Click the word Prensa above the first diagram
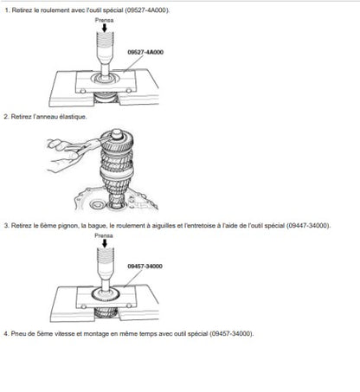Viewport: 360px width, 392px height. tap(104, 20)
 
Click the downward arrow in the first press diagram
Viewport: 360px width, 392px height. tap(105, 28)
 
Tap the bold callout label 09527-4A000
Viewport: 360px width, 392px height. tap(145, 52)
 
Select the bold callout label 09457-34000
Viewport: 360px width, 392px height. tap(145, 267)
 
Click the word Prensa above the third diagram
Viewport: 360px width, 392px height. tap(104, 235)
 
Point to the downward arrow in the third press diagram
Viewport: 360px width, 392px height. tap(105, 243)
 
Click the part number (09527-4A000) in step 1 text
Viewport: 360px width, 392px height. tap(147, 10)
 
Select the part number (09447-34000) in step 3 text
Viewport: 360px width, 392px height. tap(308, 226)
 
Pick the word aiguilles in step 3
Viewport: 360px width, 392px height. tap(164, 226)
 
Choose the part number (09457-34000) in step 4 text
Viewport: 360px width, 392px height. tap(231, 334)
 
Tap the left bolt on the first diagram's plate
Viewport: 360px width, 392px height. tap(83, 91)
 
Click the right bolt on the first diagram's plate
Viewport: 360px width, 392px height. tap(129, 91)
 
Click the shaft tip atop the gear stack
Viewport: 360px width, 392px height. tap(117, 133)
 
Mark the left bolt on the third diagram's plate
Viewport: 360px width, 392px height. tap(84, 306)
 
